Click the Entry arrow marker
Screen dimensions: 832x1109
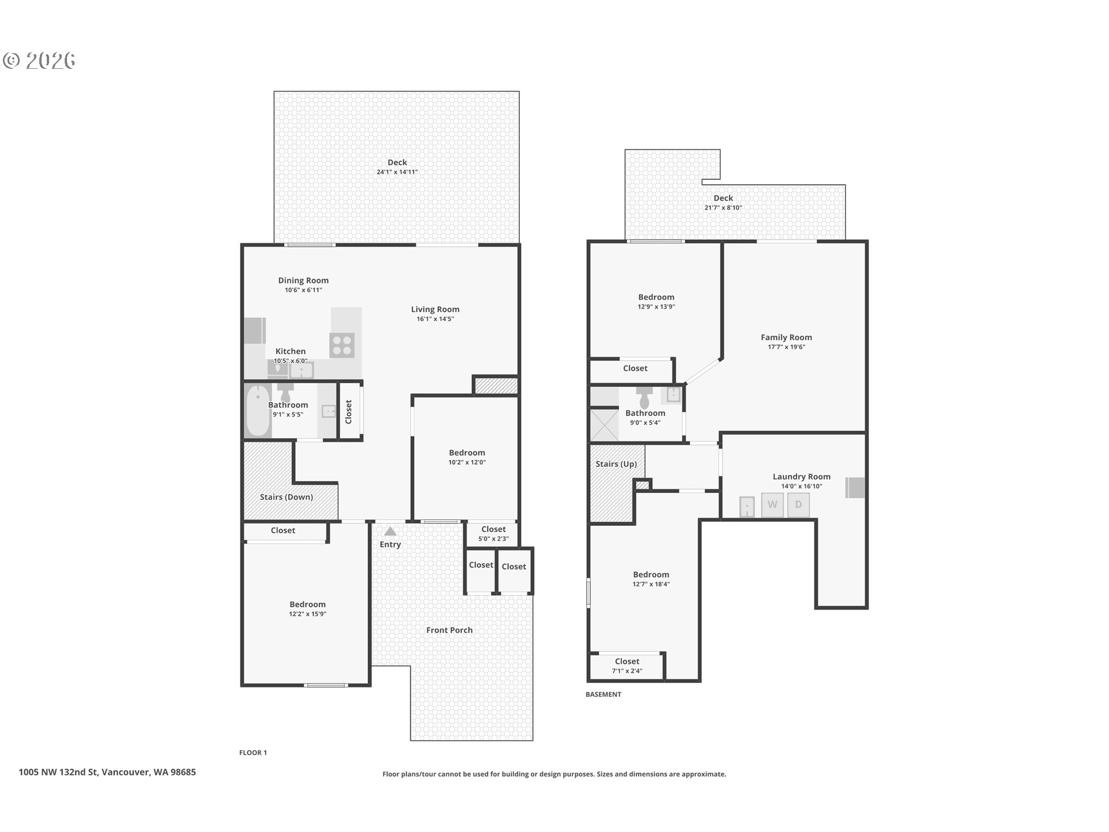coord(390,532)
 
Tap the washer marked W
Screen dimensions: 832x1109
coord(772,505)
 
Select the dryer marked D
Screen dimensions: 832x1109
coord(798,505)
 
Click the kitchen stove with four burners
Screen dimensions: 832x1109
coord(342,346)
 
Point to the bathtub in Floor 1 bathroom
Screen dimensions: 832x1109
coord(258,411)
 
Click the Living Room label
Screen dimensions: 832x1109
coord(435,310)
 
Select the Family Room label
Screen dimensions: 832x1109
coord(786,337)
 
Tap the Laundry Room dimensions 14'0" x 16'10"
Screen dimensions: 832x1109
coord(801,486)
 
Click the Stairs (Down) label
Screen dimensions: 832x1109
coord(286,497)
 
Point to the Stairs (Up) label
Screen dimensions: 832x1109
coord(616,464)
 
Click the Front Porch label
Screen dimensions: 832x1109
coord(449,630)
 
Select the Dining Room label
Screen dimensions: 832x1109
coord(303,281)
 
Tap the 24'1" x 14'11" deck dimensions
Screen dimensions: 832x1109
coord(397,172)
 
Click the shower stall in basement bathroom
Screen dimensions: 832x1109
coord(604,425)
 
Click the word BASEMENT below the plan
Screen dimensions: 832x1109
coord(603,694)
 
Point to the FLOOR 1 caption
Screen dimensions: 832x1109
coord(253,753)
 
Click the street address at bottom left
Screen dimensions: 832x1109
coord(107,772)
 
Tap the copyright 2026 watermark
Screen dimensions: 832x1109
coord(39,61)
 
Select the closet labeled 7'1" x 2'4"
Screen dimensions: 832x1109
coord(627,666)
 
